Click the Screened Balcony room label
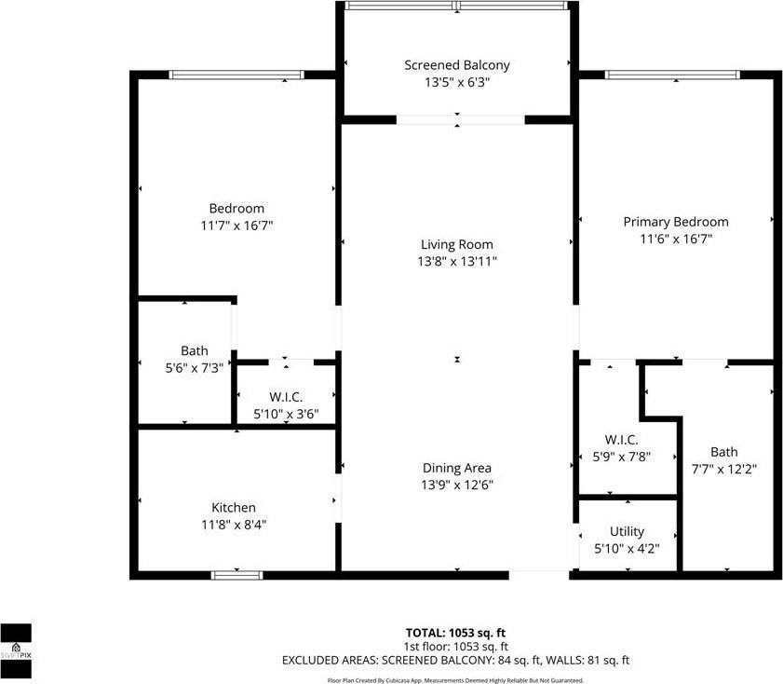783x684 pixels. click(457, 65)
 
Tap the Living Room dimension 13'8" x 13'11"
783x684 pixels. click(456, 262)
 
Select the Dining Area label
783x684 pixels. click(456, 468)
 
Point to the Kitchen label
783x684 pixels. click(233, 507)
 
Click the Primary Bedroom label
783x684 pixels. click(675, 222)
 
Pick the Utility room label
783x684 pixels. click(627, 531)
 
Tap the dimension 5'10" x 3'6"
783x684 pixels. click(287, 415)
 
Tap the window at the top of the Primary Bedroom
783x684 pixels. click(671, 75)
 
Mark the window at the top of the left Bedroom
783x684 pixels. click(236, 75)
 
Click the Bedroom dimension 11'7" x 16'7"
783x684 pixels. click(236, 226)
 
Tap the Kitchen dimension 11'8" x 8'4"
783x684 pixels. click(233, 525)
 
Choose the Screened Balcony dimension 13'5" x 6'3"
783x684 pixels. click(457, 82)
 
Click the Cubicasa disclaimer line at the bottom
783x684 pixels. click(456, 680)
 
